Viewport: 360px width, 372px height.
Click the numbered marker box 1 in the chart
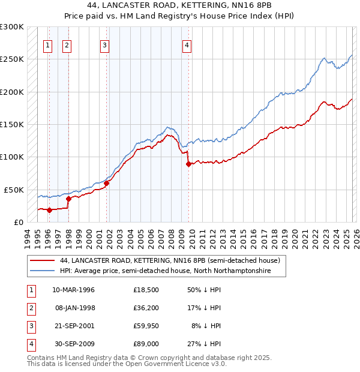click(47, 44)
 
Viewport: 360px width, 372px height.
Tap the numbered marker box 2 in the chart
click(67, 44)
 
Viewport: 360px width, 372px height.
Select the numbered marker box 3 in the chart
click(104, 44)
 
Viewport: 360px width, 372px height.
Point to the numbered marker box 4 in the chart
click(187, 44)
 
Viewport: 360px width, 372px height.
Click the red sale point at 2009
click(189, 164)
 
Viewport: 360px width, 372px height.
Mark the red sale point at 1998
click(68, 198)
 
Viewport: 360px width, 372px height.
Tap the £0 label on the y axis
click(18, 222)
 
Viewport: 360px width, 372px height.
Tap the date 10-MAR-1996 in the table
click(73, 290)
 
